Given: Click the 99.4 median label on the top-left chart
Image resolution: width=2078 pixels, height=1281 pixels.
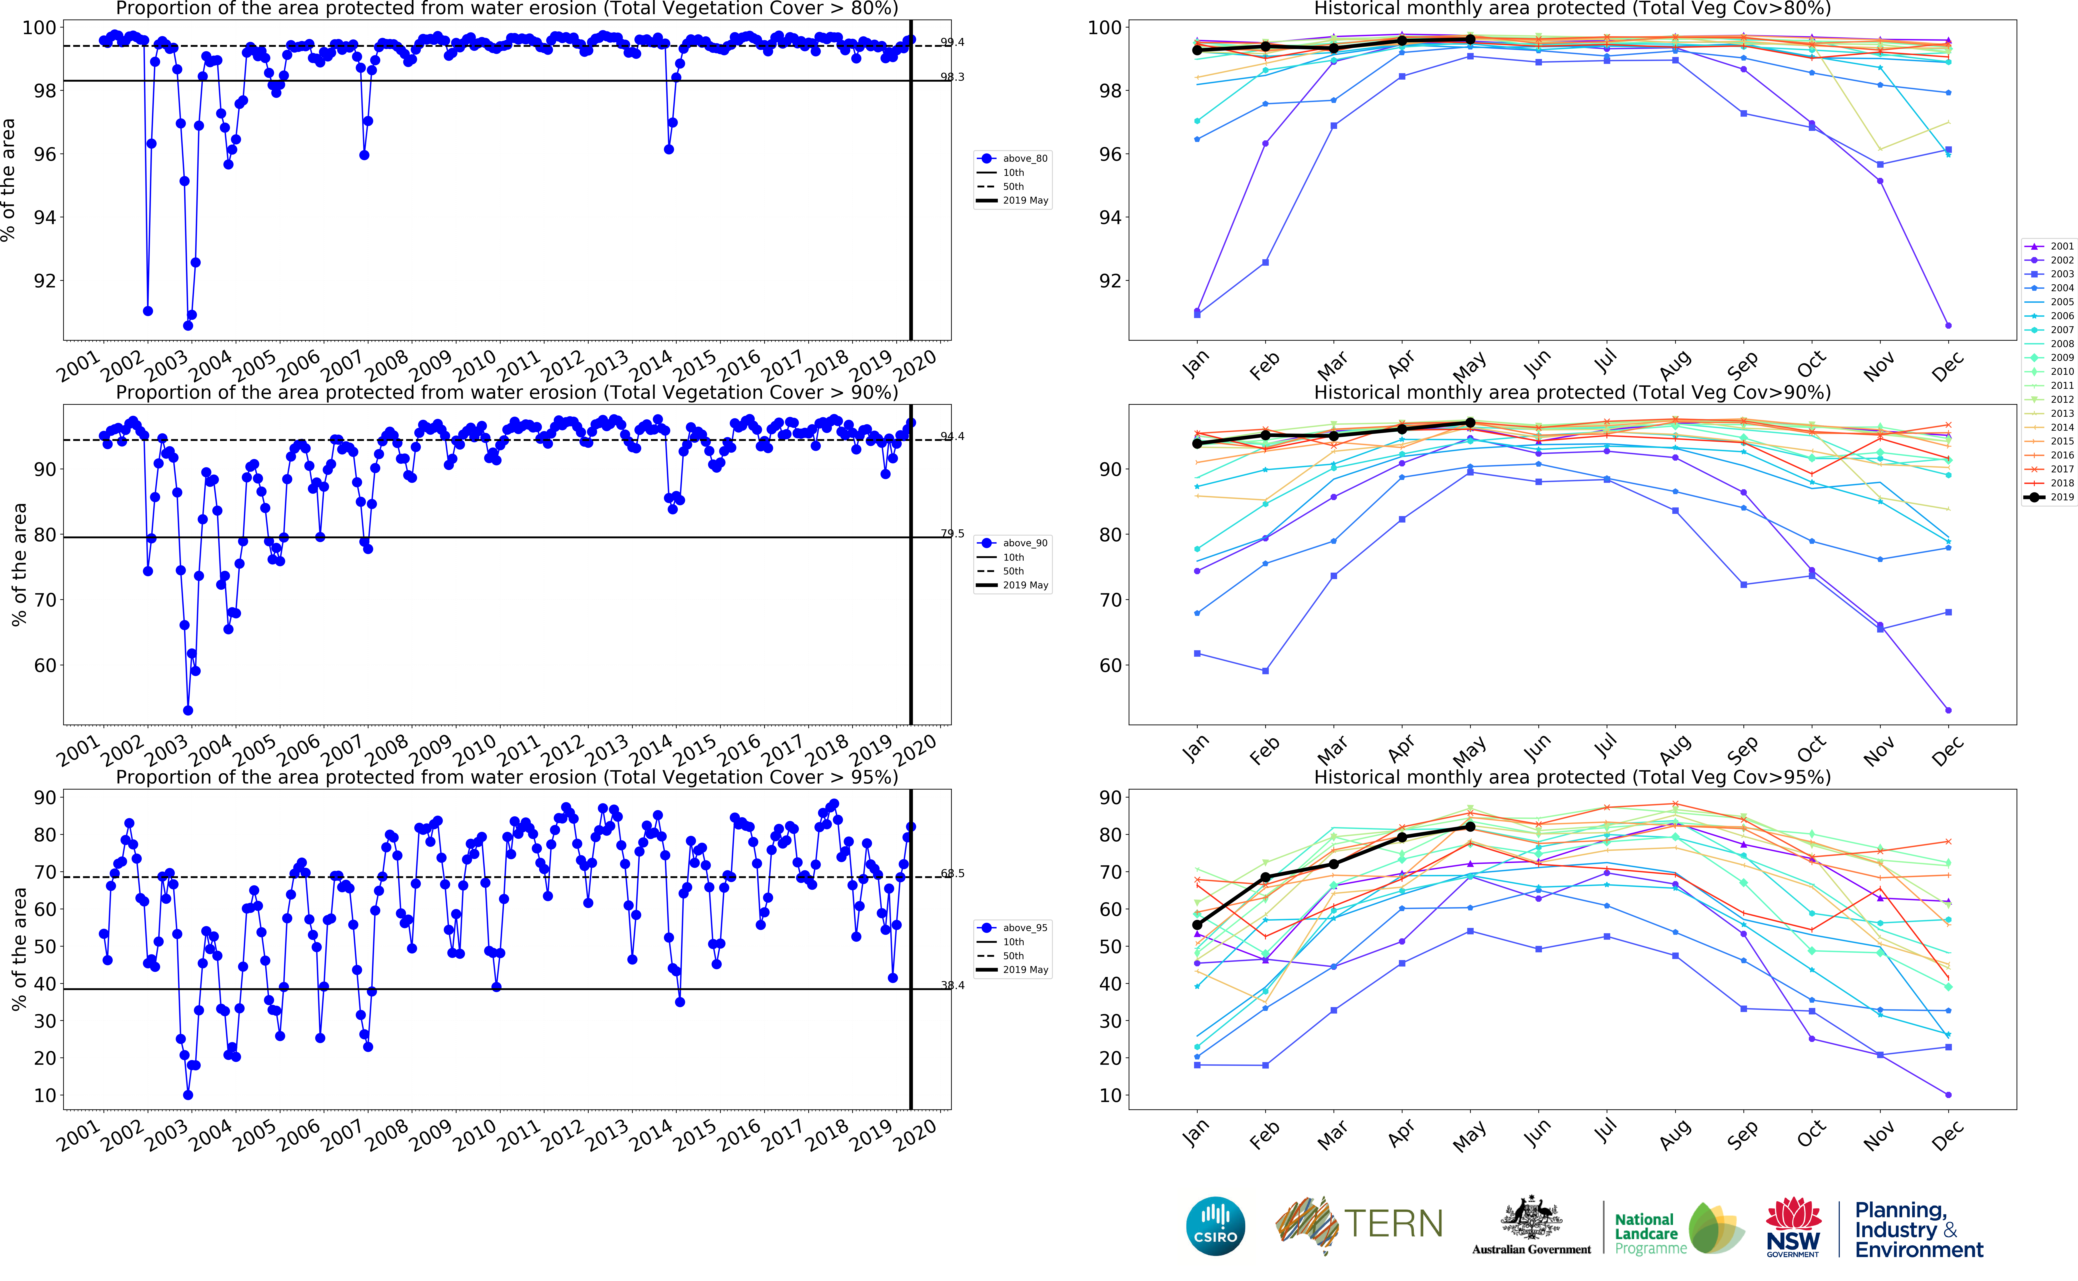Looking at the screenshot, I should pyautogui.click(x=952, y=42).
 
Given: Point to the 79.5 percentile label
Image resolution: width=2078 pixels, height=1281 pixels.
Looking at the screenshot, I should pyautogui.click(x=952, y=534).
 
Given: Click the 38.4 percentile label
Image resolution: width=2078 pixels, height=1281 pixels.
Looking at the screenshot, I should pyautogui.click(x=952, y=985).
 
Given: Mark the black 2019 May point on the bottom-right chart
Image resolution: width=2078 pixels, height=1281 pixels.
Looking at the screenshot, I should pyautogui.click(x=1470, y=827).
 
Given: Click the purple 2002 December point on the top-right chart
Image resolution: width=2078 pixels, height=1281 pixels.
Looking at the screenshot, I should pyautogui.click(x=1949, y=325).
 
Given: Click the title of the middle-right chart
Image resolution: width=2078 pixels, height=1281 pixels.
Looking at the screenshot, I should pyautogui.click(x=1572, y=392).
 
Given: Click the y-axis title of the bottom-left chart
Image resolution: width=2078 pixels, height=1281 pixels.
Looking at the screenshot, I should pyautogui.click(x=19, y=949).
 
